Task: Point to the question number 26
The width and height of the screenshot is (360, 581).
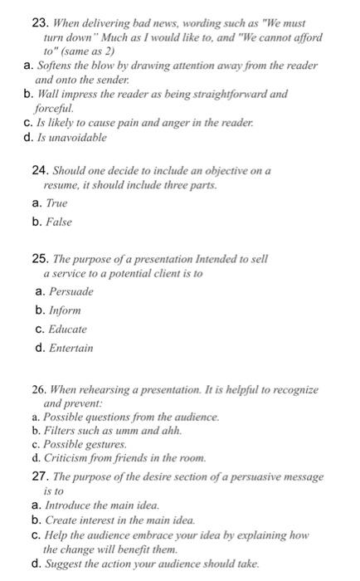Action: point(35,389)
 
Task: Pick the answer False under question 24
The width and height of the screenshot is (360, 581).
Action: point(58,222)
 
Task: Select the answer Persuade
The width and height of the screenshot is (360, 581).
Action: point(71,291)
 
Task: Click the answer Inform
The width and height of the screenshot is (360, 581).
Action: point(65,310)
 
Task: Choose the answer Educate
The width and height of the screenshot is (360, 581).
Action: point(68,330)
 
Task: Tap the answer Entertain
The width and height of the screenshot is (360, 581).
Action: point(71,349)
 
